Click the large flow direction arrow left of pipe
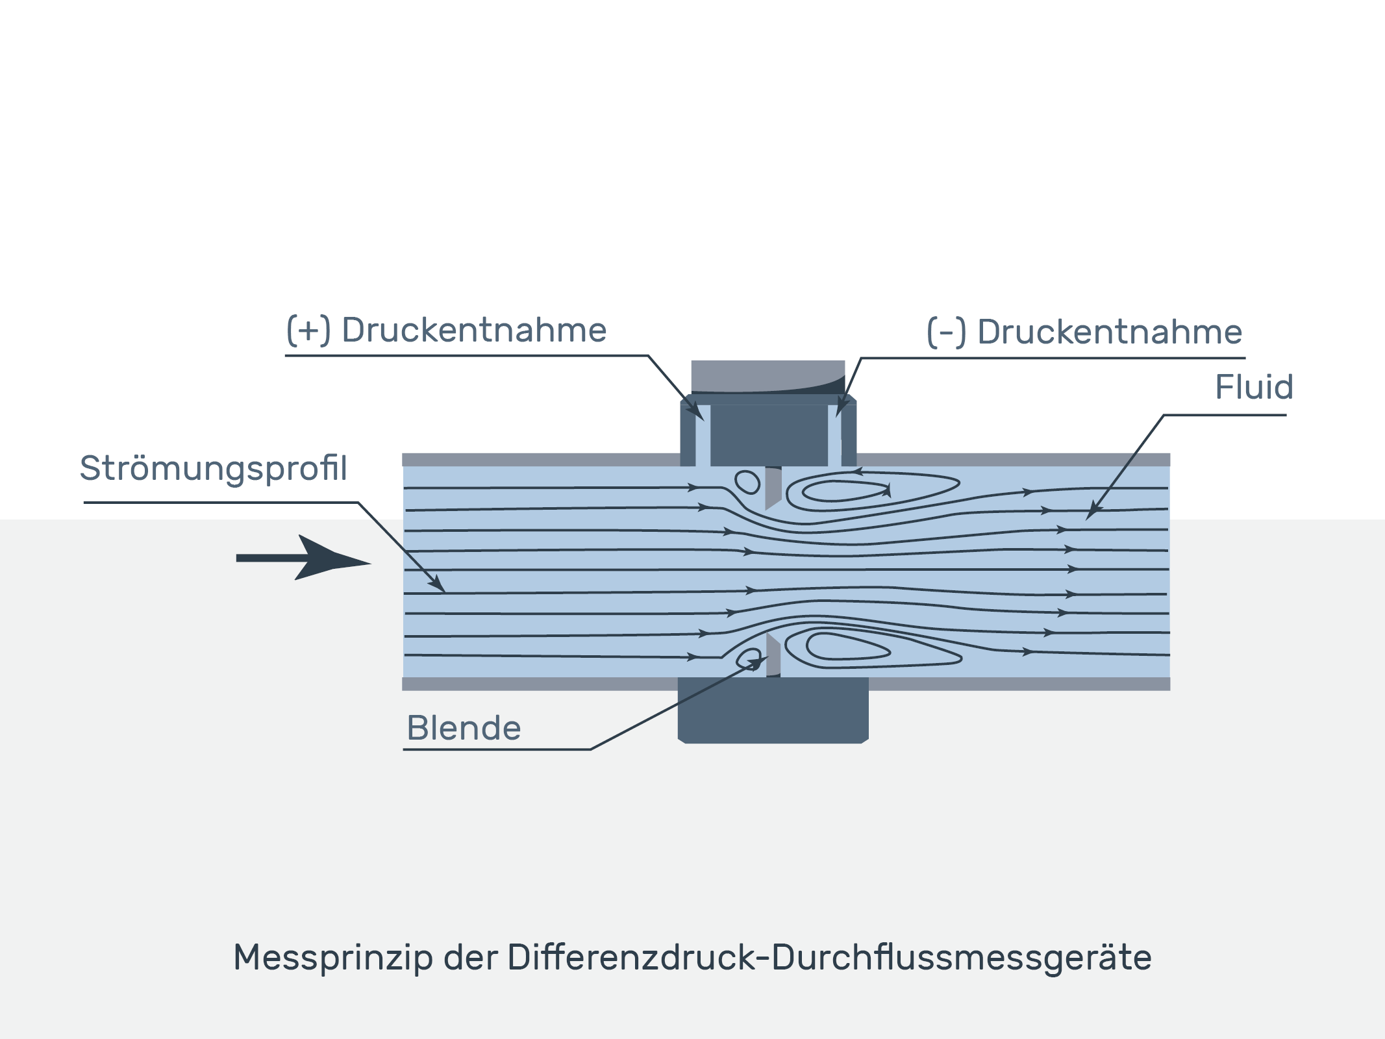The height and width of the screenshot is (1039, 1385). (303, 558)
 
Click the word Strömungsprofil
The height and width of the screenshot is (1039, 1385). (214, 469)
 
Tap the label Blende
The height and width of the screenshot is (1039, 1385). (464, 728)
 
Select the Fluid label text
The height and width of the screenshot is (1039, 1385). (1254, 387)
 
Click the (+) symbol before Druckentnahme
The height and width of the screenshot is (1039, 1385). (309, 330)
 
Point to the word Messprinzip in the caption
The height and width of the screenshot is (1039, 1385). (333, 958)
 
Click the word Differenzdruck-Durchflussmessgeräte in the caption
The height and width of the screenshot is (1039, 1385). (830, 958)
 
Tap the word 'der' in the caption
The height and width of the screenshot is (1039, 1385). (470, 958)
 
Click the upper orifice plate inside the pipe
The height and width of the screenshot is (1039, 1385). (773, 488)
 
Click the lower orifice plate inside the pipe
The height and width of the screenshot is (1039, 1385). (773, 655)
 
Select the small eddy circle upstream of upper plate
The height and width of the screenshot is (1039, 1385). (747, 482)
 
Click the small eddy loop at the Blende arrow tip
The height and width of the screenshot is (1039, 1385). (749, 658)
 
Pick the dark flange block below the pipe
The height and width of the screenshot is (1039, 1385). (773, 710)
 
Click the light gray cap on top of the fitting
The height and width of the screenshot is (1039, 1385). (768, 377)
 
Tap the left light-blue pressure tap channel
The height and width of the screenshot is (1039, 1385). (703, 435)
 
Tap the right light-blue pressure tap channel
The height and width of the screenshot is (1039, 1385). (835, 435)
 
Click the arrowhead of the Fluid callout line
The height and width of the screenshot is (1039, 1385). (1093, 512)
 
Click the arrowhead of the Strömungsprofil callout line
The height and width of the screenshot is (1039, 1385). (437, 584)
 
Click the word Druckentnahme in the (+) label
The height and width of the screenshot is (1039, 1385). (474, 330)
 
